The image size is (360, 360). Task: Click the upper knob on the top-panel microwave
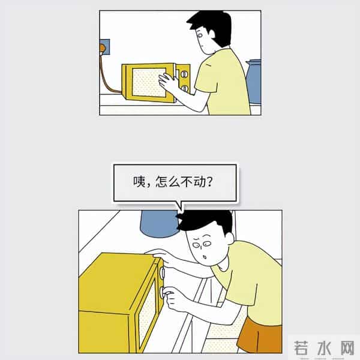pyautogui.click(x=184, y=75)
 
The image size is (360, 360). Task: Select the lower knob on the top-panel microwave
pyautogui.click(x=184, y=88)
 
